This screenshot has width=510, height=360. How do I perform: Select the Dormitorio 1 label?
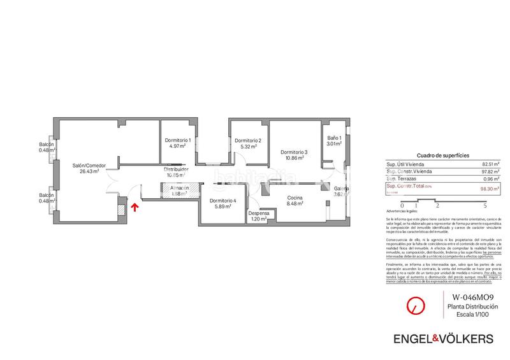(x=177, y=140)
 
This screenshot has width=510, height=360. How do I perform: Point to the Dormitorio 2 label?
(x=248, y=140)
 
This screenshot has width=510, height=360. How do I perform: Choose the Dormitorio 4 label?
(x=222, y=201)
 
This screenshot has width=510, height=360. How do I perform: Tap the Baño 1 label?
(x=335, y=138)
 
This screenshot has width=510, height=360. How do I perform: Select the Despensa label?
(x=258, y=213)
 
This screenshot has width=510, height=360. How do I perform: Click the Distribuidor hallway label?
(x=177, y=169)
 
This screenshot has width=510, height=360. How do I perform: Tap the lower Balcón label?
(x=47, y=195)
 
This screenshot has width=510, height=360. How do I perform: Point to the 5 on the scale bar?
(x=485, y=206)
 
